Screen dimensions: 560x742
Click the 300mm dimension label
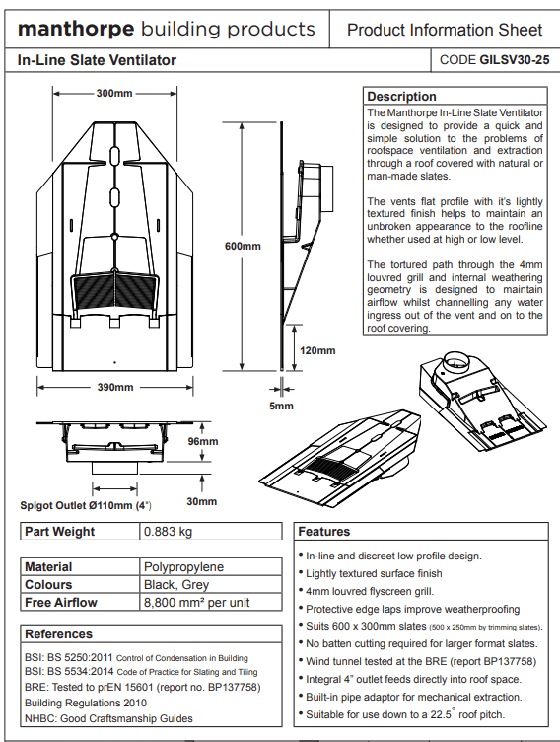click(x=114, y=93)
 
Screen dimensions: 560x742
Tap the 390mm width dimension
click(x=115, y=387)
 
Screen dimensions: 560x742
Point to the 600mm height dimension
click(x=243, y=246)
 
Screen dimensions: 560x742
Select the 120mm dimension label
click(x=317, y=350)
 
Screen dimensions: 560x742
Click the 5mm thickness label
click(x=281, y=406)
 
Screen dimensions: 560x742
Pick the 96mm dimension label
click(x=203, y=441)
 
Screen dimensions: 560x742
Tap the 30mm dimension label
click(x=202, y=501)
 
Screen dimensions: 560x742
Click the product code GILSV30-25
click(x=515, y=60)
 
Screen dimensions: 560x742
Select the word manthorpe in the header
click(x=76, y=29)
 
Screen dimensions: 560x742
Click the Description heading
click(x=401, y=96)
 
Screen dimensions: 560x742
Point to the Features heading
click(x=324, y=532)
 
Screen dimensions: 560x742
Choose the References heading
click(x=58, y=634)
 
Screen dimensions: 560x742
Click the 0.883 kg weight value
click(x=168, y=532)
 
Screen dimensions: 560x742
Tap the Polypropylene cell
click(x=184, y=567)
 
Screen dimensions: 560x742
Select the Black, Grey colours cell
click(x=176, y=585)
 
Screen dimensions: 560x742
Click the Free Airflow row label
click(x=60, y=603)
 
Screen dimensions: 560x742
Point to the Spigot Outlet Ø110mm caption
click(x=86, y=505)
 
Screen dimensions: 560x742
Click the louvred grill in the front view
click(x=114, y=291)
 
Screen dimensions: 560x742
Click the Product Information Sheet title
click(x=445, y=30)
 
